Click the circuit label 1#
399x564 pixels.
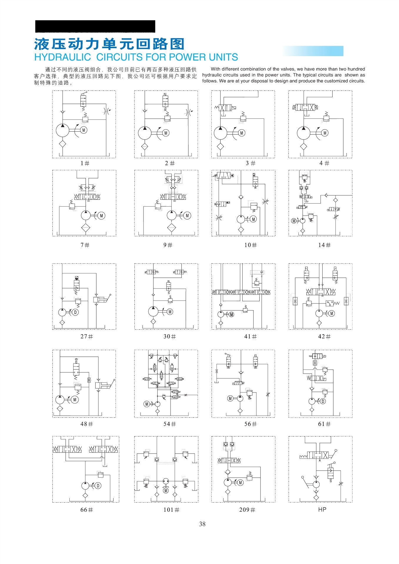(x=85, y=163)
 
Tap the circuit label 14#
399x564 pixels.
(x=324, y=245)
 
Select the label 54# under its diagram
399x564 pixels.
(x=170, y=424)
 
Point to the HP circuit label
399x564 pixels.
(x=322, y=509)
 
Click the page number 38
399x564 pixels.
(x=202, y=524)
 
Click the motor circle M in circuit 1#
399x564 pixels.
(x=84, y=130)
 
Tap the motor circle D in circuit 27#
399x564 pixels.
(x=75, y=312)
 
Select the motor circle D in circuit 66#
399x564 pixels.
(x=98, y=486)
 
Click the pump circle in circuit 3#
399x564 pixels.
(x=221, y=133)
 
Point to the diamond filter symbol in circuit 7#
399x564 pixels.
(x=86, y=228)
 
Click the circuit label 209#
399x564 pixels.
(x=247, y=510)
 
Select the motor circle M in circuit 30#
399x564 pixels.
(x=170, y=312)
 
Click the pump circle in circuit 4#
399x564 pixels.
(x=303, y=133)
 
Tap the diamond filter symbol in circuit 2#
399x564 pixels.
(x=144, y=147)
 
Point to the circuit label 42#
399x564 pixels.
(x=324, y=336)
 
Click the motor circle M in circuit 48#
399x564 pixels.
(x=75, y=400)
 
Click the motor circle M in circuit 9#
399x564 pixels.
(x=187, y=216)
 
